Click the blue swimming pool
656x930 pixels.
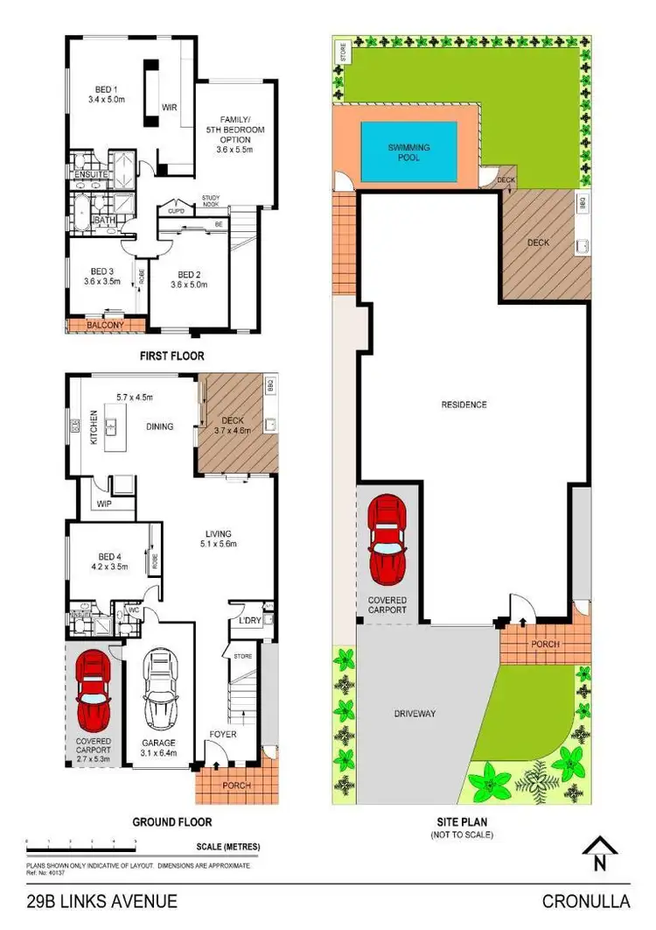409,152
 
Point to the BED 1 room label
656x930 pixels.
109,88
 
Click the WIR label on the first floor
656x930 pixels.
169,108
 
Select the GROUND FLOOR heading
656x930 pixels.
171,822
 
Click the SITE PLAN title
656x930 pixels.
462,822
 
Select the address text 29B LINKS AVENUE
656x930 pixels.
102,901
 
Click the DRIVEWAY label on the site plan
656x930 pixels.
415,714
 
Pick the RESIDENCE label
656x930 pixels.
464,405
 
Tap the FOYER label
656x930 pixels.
222,734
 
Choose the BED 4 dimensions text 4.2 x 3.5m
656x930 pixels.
109,567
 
